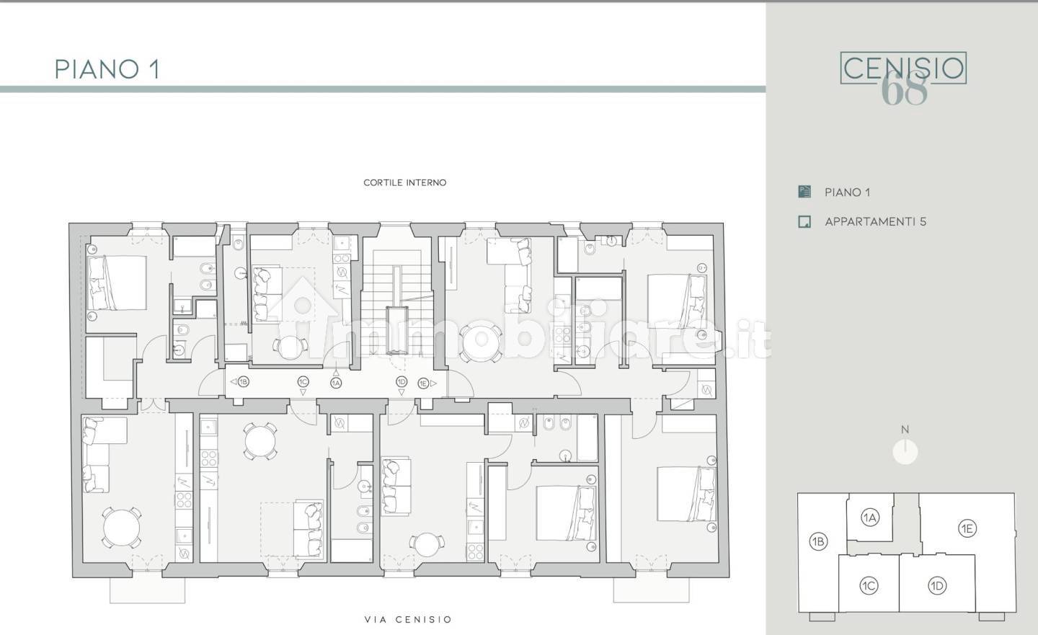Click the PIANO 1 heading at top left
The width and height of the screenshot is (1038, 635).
coord(107,69)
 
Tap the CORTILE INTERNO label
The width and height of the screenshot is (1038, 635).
coord(405,182)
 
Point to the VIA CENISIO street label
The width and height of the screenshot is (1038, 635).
coord(408,619)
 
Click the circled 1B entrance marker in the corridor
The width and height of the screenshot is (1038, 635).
coord(244,382)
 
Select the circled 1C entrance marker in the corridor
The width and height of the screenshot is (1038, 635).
coord(303,382)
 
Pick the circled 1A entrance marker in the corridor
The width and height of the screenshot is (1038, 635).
coord(336,383)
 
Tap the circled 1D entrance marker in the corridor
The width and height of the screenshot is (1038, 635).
coord(402,382)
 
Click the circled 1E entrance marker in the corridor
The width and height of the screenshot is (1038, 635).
coord(423,383)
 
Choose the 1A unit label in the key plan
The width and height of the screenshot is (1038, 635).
coord(870,518)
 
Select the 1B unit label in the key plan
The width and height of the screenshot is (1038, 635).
coord(818,541)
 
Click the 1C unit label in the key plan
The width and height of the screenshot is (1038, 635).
coord(869,586)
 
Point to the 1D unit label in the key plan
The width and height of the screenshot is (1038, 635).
coord(937,586)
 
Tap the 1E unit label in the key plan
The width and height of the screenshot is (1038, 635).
coord(967,529)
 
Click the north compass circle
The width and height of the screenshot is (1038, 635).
coord(905,452)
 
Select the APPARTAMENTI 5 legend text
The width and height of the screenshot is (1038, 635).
coord(875,221)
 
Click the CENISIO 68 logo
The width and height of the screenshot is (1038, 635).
coord(903,76)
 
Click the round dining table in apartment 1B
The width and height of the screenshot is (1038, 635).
coord(121,528)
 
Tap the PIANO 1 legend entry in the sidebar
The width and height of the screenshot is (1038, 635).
coord(847,192)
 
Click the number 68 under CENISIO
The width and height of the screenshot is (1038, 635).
coord(904,89)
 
